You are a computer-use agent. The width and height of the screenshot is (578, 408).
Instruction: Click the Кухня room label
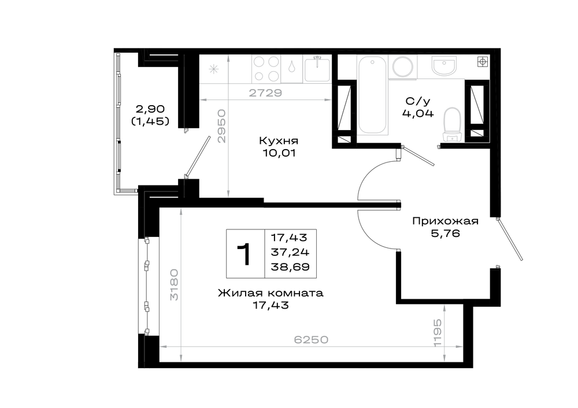click(x=279, y=141)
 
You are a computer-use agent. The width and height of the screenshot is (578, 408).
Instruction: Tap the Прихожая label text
click(x=445, y=221)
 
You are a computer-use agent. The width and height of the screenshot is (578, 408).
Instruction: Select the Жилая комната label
click(x=271, y=294)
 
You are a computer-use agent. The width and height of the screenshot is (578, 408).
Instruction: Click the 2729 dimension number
click(x=265, y=93)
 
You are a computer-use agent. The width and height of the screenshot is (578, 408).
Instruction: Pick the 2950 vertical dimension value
click(x=221, y=125)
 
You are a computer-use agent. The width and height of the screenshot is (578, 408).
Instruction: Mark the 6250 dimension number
click(x=311, y=339)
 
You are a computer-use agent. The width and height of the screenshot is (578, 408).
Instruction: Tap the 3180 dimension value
click(x=174, y=284)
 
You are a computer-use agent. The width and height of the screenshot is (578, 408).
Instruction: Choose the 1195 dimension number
click(x=437, y=333)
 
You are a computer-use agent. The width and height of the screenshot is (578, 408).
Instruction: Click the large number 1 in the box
click(x=244, y=254)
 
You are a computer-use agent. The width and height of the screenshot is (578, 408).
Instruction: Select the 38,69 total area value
click(x=290, y=267)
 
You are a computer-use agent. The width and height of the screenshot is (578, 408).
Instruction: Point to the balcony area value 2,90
click(x=150, y=109)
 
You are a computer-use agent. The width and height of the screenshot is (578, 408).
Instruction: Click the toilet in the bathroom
click(x=453, y=125)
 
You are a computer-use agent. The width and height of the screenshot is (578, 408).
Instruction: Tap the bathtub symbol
click(x=372, y=95)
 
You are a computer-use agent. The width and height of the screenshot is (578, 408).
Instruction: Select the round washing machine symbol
click(x=403, y=66)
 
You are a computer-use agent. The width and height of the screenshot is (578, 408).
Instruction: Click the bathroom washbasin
click(x=444, y=66)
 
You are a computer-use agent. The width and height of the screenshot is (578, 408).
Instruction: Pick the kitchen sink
click(x=317, y=69)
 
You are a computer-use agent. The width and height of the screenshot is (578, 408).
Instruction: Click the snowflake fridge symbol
click(x=214, y=69)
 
